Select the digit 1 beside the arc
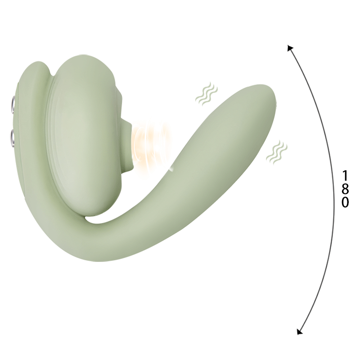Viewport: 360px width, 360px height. coord(345,175)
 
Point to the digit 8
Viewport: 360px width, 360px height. coord(345,189)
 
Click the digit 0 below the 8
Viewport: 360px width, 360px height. coord(345,202)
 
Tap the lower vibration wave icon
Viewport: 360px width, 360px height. coord(275,152)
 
